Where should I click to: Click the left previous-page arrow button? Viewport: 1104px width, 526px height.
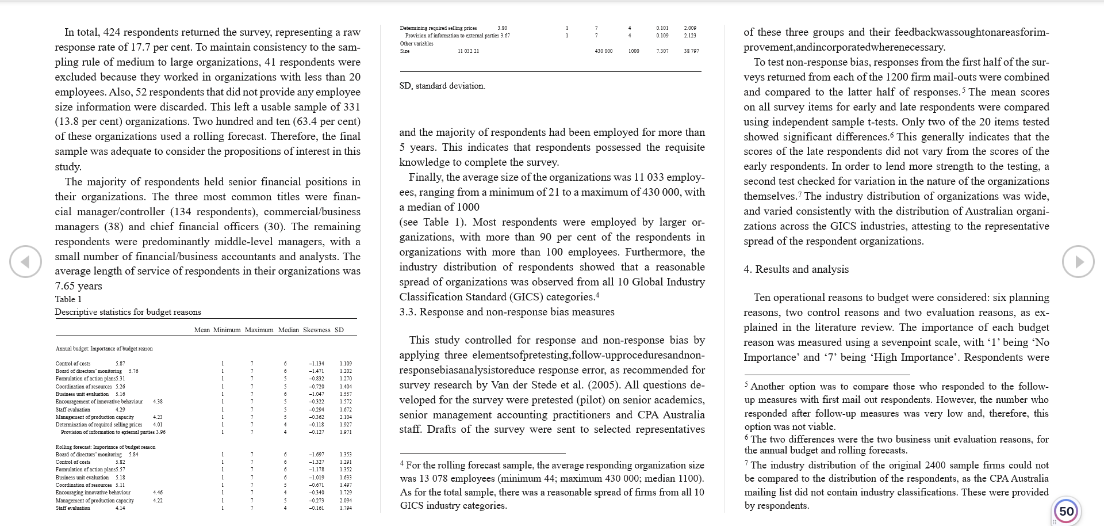[25, 262]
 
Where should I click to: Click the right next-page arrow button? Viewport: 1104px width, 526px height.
[1078, 262]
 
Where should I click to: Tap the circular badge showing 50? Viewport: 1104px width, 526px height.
[1066, 511]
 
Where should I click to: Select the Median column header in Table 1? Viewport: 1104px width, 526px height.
[289, 330]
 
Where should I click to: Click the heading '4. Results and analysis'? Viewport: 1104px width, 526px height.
[796, 269]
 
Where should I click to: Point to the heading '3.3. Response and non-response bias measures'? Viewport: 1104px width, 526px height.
[507, 312]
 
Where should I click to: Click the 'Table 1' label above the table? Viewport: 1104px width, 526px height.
[68, 299]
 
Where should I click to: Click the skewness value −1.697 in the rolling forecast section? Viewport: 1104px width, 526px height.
[316, 455]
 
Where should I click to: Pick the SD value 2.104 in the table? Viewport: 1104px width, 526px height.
[346, 417]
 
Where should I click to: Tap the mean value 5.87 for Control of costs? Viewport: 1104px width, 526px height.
[120, 364]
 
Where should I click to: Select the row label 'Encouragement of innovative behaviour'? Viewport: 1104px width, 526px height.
[99, 402]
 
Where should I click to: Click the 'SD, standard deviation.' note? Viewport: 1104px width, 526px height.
[442, 86]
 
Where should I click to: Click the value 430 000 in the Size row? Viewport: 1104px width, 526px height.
[603, 51]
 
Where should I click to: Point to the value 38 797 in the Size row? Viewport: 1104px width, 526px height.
[691, 51]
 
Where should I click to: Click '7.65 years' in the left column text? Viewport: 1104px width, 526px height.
[78, 286]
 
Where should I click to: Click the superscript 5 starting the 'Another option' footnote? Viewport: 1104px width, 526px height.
[746, 384]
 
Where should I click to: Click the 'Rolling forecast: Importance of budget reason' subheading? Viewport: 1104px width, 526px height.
[105, 447]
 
